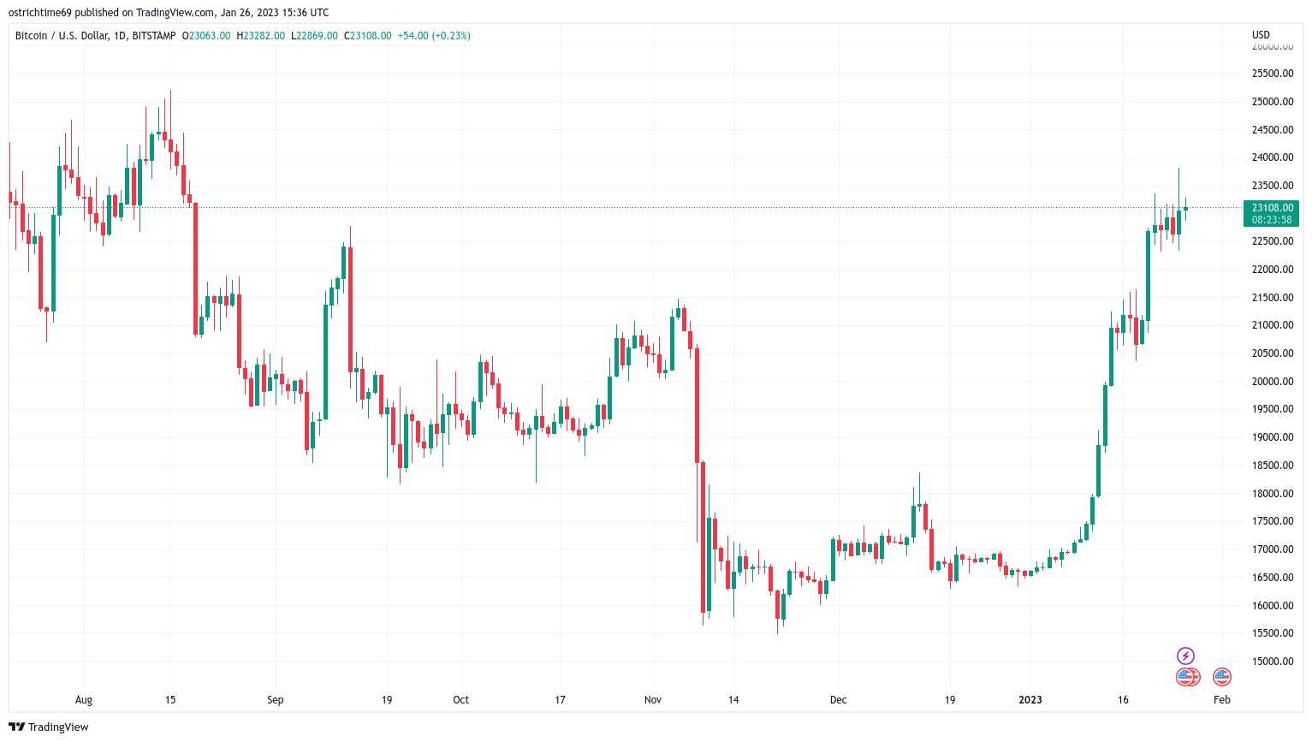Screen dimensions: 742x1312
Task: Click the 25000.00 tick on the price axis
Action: coord(1272,102)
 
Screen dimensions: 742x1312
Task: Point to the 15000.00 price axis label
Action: coord(1272,662)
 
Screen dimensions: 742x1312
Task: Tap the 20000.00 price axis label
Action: coord(1272,382)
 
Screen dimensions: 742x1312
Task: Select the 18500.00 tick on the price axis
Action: coord(1272,466)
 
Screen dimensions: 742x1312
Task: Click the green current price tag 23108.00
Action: coord(1272,208)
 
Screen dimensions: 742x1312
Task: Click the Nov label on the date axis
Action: coord(653,700)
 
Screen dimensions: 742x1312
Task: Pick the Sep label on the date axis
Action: coord(275,700)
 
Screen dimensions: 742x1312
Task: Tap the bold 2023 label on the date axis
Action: coord(1030,700)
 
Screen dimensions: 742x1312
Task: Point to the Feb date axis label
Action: coord(1222,700)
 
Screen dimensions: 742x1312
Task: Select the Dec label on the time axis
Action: coord(838,700)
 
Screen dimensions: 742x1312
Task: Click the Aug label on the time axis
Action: coord(83,700)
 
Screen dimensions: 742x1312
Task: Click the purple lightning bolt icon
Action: coord(1185,656)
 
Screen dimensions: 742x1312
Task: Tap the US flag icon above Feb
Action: coord(1222,677)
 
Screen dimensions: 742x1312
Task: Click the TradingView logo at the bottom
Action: coord(50,727)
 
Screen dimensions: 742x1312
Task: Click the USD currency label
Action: coord(1261,35)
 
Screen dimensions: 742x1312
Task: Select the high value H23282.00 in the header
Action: coord(261,36)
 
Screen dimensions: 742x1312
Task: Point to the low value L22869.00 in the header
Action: coord(314,36)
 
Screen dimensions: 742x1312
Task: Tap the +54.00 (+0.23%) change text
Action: coord(434,36)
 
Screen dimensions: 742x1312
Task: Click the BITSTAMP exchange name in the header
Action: coord(154,36)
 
